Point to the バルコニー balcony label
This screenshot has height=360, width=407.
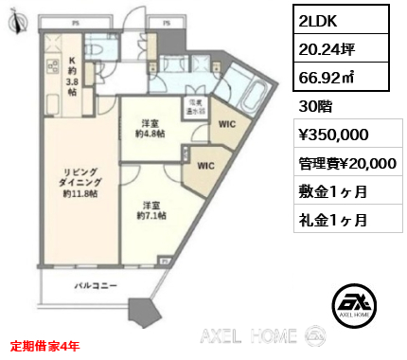97,286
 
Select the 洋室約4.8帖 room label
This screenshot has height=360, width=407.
149,129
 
